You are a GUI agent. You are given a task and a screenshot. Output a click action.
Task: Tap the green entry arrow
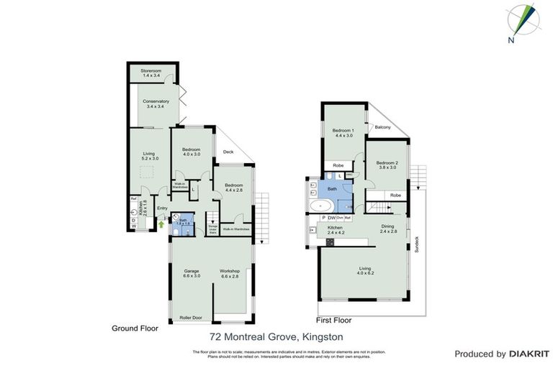tap(161, 224)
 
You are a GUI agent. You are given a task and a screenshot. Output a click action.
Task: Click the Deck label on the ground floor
tap(228, 152)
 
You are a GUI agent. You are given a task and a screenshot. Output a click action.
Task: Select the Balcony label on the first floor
tap(382, 127)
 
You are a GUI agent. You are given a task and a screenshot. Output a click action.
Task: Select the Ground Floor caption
tap(135, 328)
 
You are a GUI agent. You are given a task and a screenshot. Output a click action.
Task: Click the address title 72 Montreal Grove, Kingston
tap(276, 336)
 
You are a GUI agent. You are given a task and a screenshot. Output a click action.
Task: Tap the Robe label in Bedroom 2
tap(395, 195)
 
